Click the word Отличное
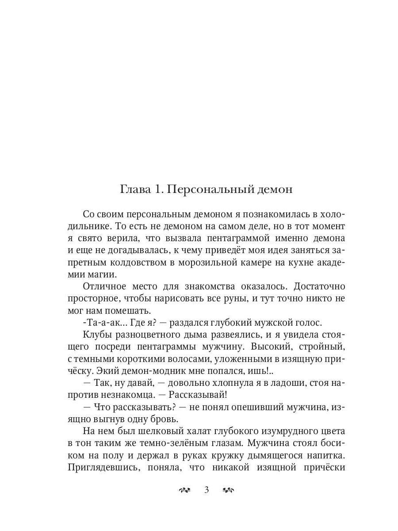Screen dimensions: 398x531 [x=105, y=286]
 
